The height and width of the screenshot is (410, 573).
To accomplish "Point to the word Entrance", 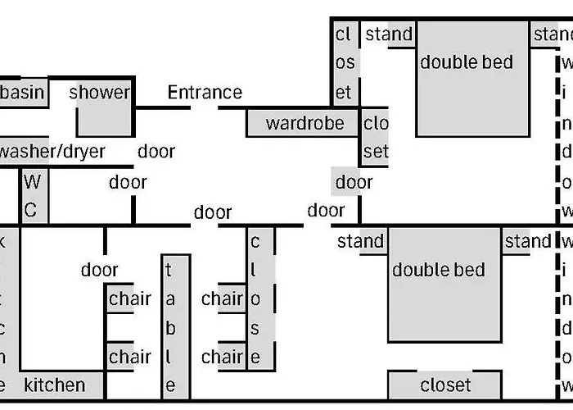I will (x=205, y=93).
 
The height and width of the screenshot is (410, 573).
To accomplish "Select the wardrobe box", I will (x=302, y=124).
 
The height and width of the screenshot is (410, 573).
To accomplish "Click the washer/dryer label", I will (x=53, y=152).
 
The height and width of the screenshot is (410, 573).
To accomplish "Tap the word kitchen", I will (x=54, y=385).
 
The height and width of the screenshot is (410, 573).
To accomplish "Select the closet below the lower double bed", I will (x=444, y=385).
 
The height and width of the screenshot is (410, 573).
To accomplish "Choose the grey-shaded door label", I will (x=354, y=182).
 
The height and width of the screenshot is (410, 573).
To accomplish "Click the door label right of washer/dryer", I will (x=156, y=152).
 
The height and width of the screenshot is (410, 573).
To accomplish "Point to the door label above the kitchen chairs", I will (x=99, y=270).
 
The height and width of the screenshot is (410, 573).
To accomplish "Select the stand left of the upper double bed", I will (x=389, y=34).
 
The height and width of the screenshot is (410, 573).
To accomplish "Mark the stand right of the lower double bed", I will (x=528, y=241).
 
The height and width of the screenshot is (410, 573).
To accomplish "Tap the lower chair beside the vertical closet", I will (x=222, y=357).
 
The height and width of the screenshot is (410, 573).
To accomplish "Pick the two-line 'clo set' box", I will (x=376, y=138).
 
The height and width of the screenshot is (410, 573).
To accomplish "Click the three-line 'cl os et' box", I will (x=344, y=64).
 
